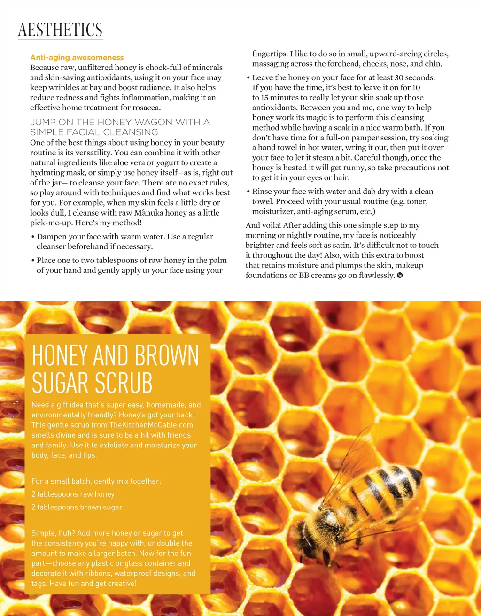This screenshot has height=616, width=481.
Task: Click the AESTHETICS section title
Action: (x=60, y=30)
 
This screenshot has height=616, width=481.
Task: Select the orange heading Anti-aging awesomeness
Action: (x=77, y=58)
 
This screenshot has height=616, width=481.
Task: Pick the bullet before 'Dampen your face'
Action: (x=32, y=237)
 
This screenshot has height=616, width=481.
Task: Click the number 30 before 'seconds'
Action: (x=398, y=77)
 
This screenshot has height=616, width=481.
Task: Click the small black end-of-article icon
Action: (x=400, y=275)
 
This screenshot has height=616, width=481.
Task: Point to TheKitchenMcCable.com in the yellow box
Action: (x=151, y=425)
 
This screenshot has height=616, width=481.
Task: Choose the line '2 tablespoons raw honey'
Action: (x=73, y=494)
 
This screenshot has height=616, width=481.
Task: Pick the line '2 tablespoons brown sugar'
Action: (x=77, y=507)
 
